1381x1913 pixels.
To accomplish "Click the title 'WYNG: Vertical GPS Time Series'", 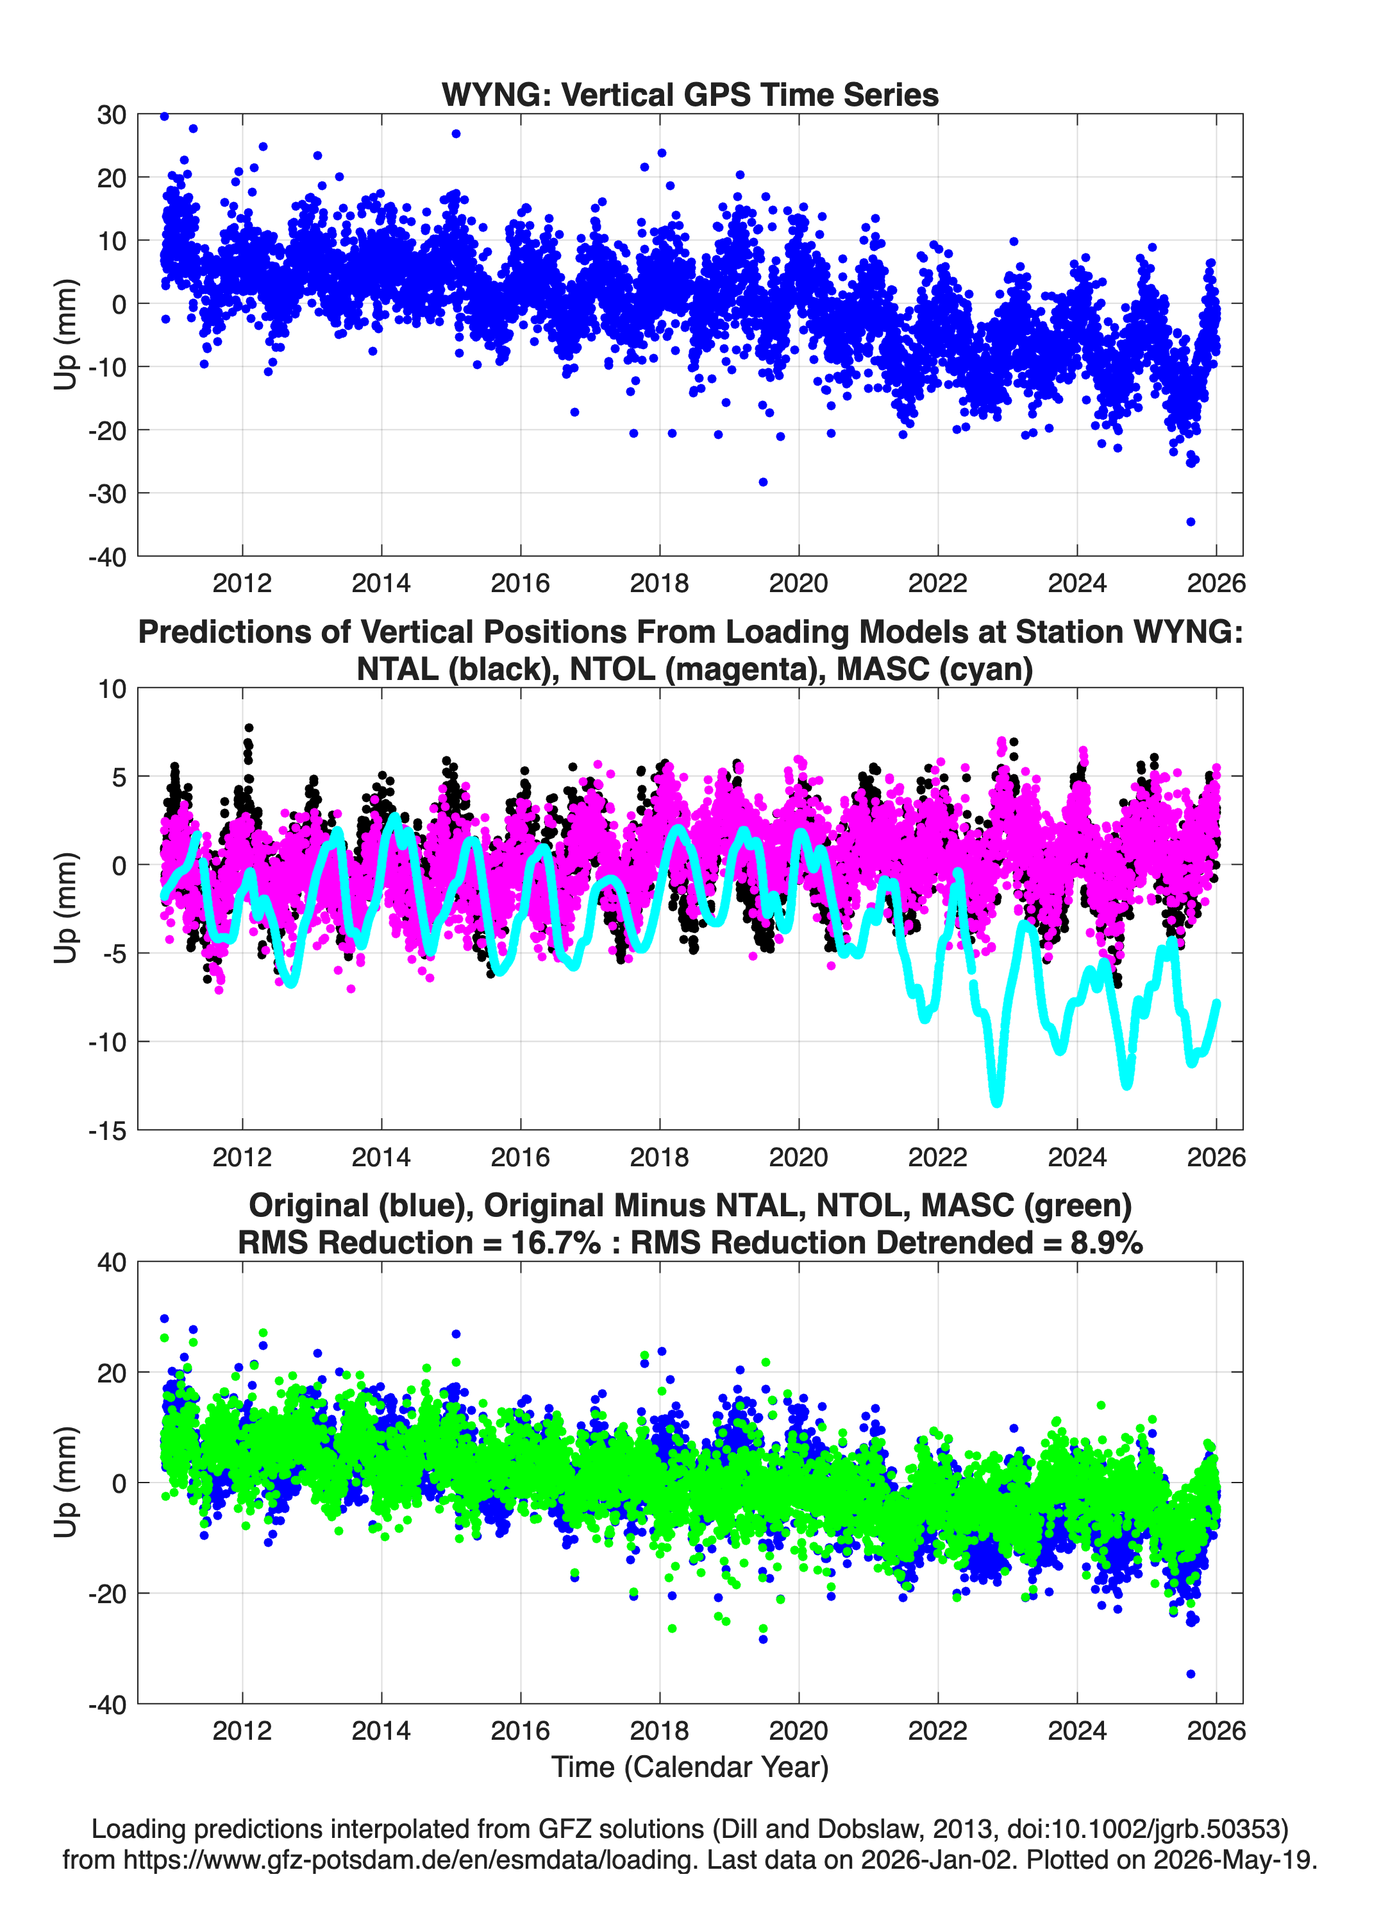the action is pyautogui.click(x=690, y=94).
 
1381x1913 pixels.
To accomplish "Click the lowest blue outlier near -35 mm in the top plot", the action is pyautogui.click(x=1191, y=522).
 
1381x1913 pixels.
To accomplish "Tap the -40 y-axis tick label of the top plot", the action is pyautogui.click(x=107, y=557).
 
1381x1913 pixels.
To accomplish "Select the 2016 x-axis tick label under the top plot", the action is pyautogui.click(x=520, y=583).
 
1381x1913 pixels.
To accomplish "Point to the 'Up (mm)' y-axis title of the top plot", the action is pyautogui.click(x=65, y=334).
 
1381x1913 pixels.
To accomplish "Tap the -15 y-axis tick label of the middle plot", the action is pyautogui.click(x=107, y=1130).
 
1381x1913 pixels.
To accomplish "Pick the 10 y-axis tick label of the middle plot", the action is pyautogui.click(x=112, y=688).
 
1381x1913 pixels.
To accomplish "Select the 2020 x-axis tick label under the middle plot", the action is pyautogui.click(x=798, y=1157).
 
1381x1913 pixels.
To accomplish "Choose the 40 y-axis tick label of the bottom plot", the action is pyautogui.click(x=112, y=1263).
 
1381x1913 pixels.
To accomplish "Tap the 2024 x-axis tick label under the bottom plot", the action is pyautogui.click(x=1076, y=1731).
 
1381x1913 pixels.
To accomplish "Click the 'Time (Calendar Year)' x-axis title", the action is pyautogui.click(x=690, y=1767).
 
